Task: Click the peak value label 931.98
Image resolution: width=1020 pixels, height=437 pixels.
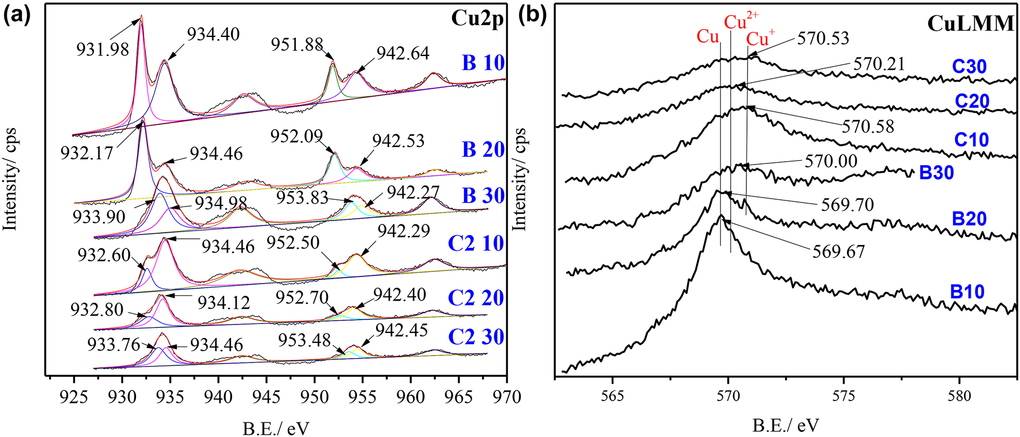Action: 102,49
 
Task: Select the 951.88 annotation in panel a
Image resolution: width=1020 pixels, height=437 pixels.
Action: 298,44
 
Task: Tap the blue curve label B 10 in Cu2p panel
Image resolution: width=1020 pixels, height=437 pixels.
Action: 483,63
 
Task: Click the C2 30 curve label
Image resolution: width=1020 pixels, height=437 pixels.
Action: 476,337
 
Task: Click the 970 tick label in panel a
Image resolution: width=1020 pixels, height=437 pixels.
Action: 507,397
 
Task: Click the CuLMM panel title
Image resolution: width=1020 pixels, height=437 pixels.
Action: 970,24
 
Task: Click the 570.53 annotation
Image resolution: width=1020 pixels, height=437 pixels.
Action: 823,38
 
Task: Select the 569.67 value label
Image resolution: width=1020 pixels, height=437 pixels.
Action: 839,251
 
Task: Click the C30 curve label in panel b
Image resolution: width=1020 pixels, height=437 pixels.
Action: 969,67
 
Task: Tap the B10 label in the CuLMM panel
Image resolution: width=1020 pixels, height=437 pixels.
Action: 967,292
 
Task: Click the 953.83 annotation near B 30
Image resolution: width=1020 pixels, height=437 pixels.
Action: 302,197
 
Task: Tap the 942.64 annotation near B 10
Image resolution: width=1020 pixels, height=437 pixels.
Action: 403,53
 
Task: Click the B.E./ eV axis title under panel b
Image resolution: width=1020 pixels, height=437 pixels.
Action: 785,426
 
